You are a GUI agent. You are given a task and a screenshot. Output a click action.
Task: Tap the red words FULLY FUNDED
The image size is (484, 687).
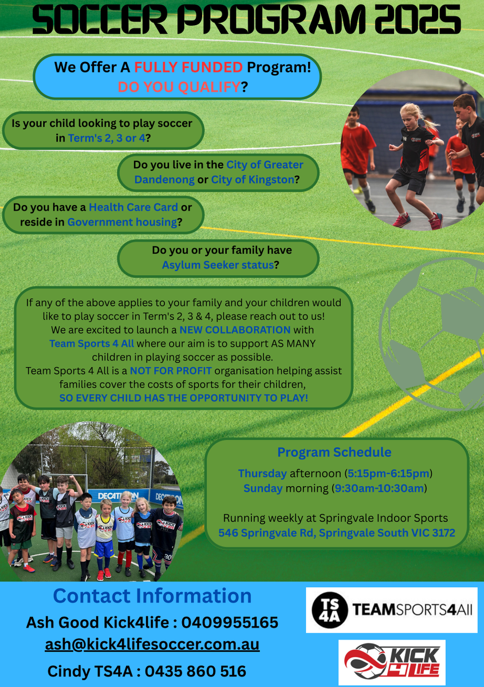(188, 67)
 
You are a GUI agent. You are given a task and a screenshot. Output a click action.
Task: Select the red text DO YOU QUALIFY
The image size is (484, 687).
(179, 87)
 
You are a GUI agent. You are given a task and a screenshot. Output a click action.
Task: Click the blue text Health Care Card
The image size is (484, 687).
(133, 207)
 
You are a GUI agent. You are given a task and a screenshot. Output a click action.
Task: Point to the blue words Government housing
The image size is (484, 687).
(122, 222)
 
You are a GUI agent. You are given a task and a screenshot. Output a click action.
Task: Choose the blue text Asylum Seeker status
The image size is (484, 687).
(218, 264)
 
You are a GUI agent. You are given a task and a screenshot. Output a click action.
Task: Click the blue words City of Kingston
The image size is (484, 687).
(253, 180)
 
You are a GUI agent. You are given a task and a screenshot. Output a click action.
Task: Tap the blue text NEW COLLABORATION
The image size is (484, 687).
(235, 330)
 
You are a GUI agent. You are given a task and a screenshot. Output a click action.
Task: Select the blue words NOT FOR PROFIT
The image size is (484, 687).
(171, 371)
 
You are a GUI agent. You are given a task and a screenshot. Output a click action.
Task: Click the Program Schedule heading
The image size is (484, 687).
(335, 452)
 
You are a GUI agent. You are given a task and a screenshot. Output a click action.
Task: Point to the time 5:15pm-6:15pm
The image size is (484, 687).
(388, 473)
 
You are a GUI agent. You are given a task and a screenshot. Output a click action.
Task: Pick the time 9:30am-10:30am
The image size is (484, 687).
(379, 488)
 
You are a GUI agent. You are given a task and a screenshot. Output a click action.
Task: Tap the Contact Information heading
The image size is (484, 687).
(152, 595)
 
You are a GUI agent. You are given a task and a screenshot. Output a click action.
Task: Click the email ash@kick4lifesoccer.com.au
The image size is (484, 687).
(152, 645)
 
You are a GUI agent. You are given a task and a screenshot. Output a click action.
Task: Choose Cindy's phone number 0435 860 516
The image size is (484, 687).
(195, 672)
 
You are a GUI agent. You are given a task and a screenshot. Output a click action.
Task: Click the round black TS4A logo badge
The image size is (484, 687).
(330, 610)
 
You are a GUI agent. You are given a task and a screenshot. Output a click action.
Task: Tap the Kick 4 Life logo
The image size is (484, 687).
(392, 662)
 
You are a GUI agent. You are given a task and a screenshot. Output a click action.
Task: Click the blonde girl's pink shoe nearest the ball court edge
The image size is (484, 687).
(436, 221)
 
